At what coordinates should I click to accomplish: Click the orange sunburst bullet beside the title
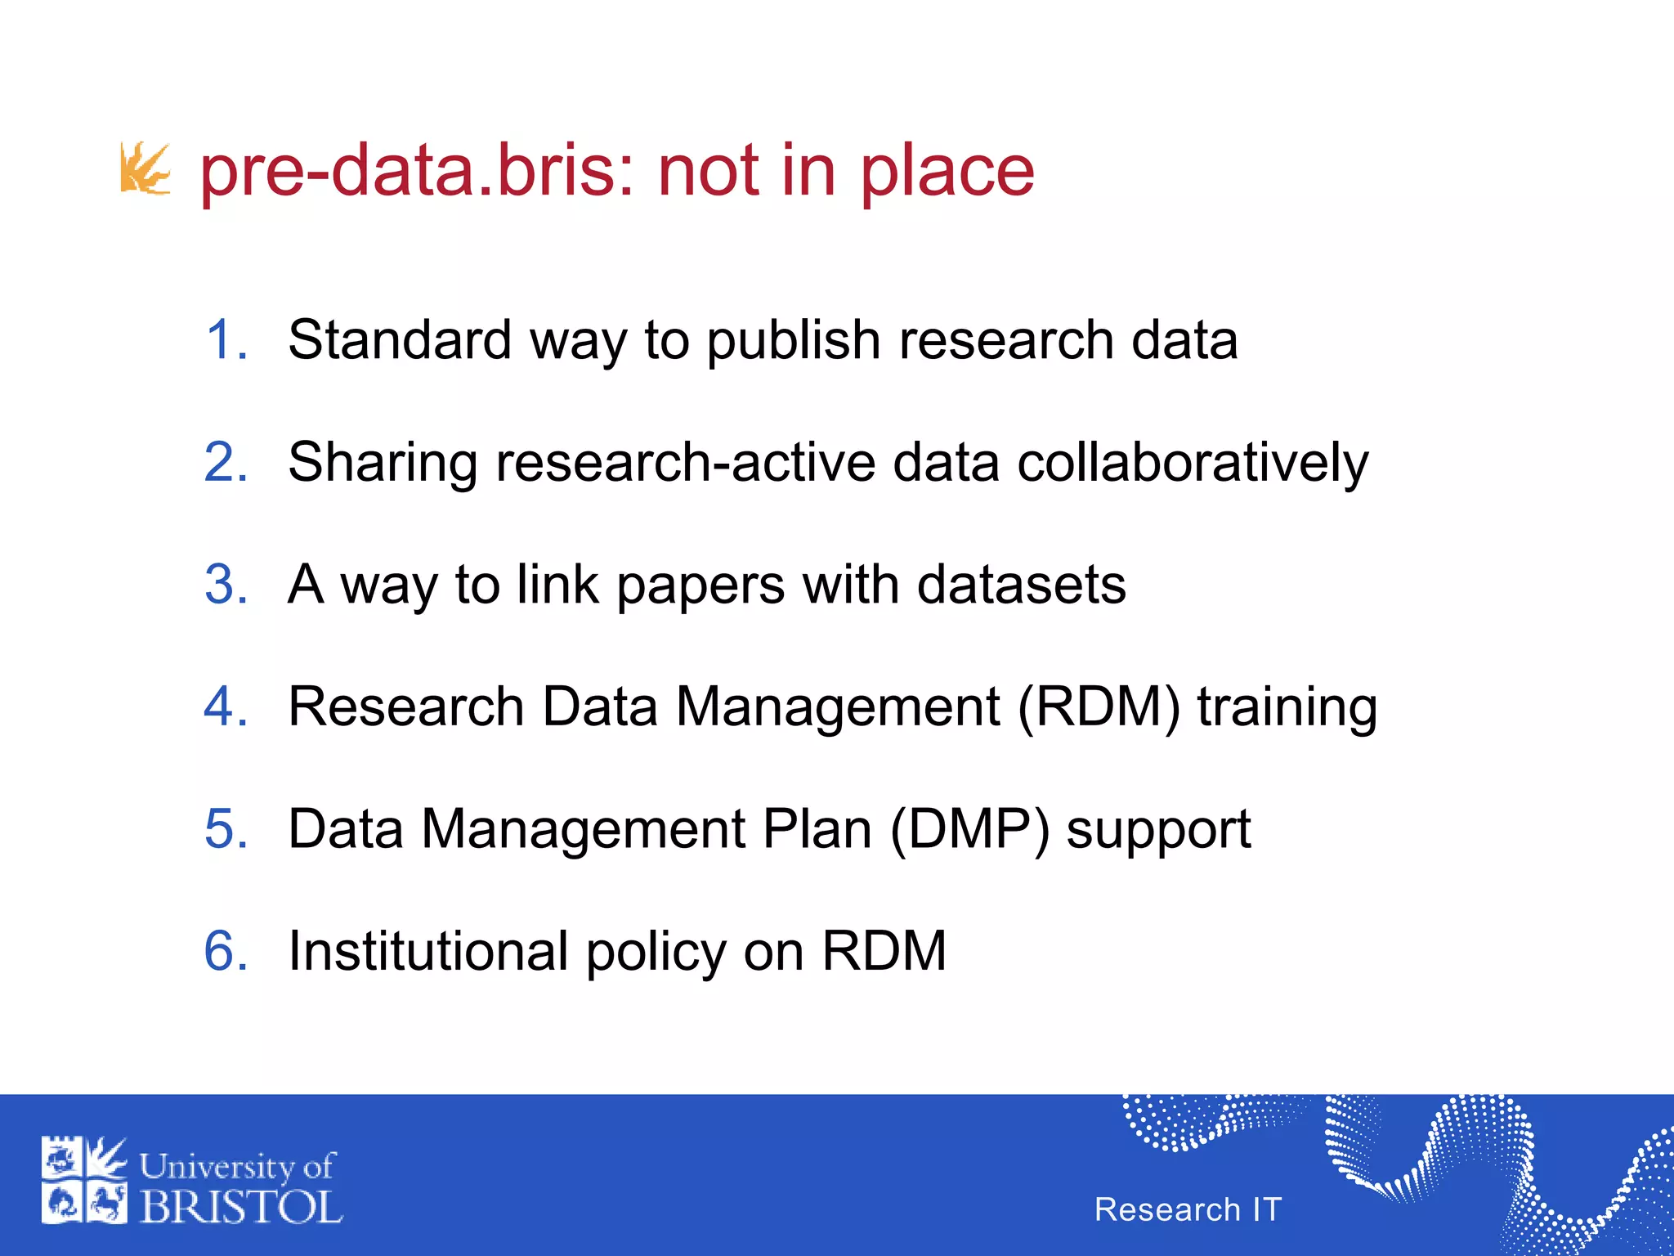coord(145,168)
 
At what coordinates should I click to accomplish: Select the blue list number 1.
coord(225,339)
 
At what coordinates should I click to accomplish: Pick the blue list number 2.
coord(225,462)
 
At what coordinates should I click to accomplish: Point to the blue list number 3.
coord(225,584)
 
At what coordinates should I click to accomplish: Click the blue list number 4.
coord(225,706)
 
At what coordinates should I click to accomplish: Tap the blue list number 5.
coord(225,828)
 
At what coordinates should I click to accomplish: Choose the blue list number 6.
coord(225,950)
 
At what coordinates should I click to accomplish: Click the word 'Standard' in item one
coord(400,339)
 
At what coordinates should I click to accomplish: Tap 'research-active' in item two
coord(685,463)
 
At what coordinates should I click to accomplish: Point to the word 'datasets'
coord(1021,585)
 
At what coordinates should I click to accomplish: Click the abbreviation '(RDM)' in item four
coord(1099,706)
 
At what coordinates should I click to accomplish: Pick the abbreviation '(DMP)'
coord(969,829)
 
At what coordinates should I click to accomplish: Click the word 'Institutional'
coord(428,951)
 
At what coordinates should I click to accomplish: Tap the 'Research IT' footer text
coord(1188,1209)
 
